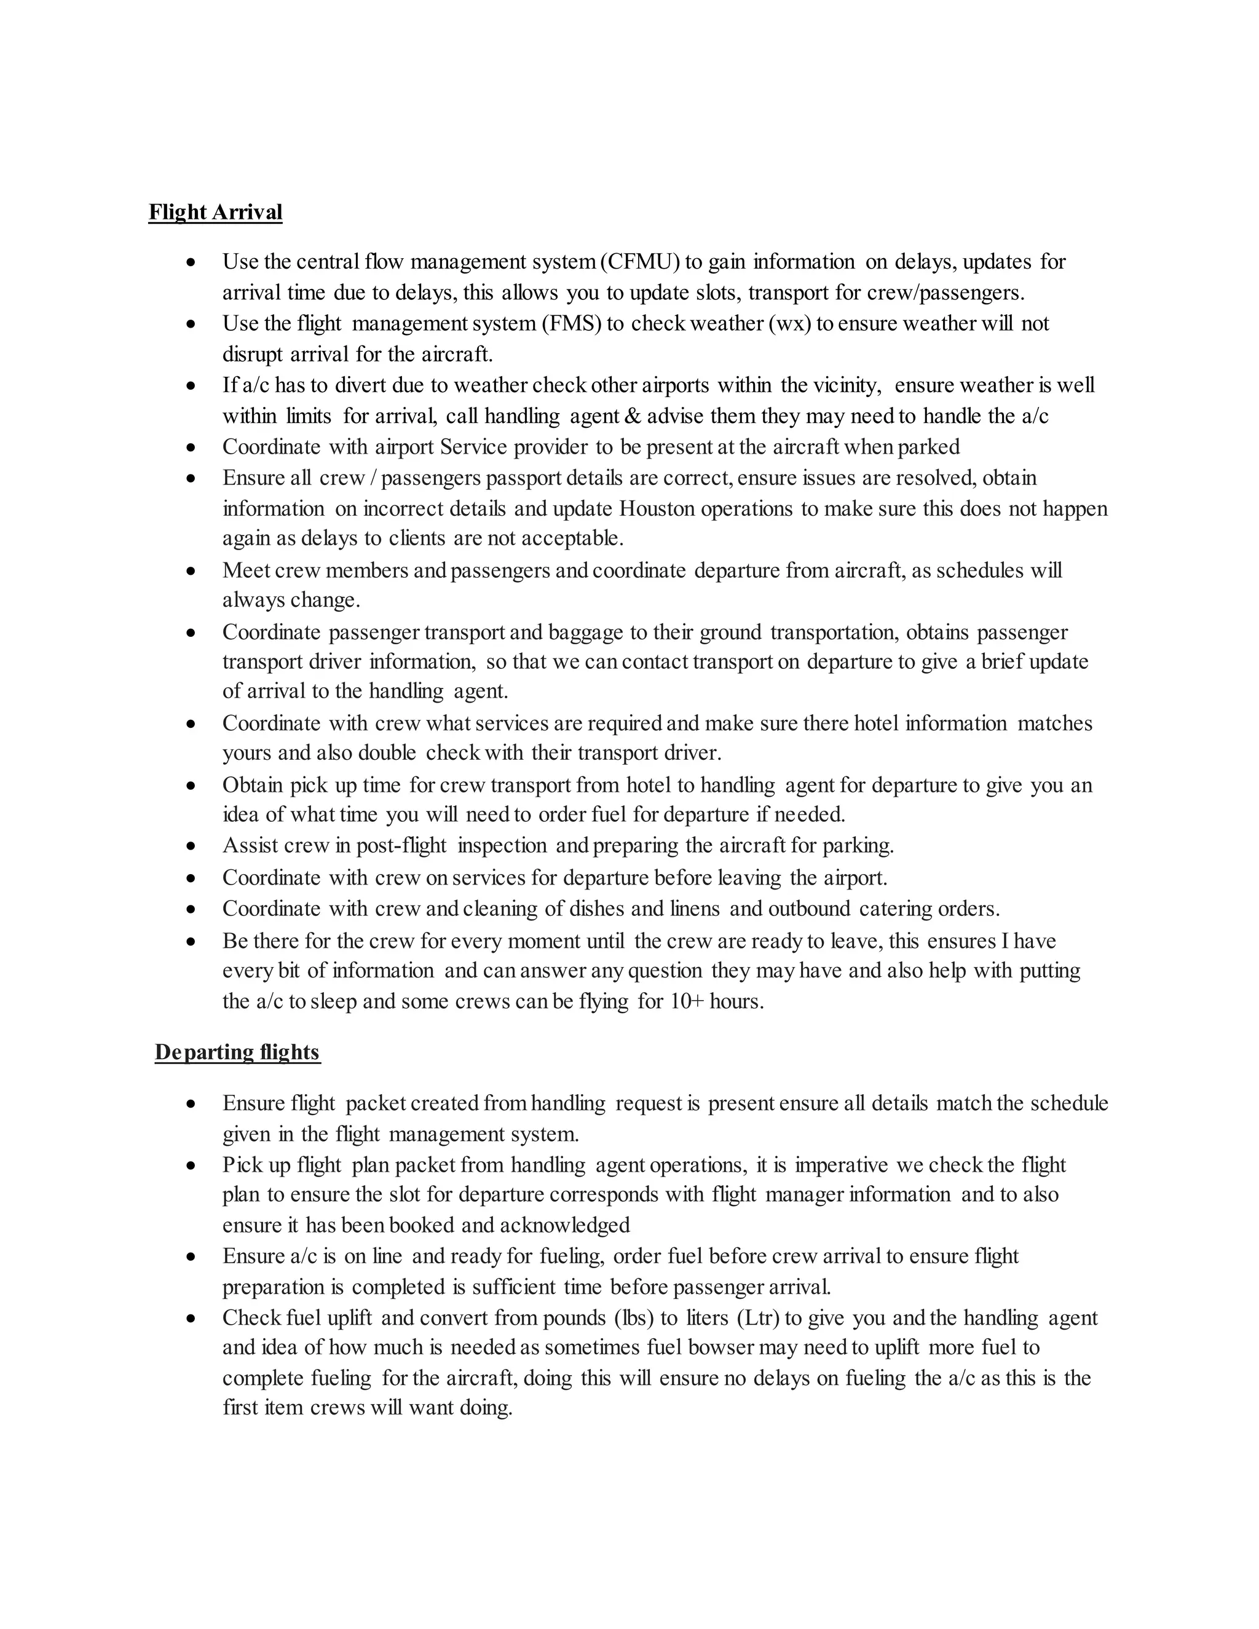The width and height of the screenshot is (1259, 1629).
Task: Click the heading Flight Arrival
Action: pyautogui.click(x=216, y=213)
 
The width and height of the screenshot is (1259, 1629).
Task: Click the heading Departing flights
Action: pyautogui.click(x=237, y=1052)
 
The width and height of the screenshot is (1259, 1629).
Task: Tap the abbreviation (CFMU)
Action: pyautogui.click(x=639, y=262)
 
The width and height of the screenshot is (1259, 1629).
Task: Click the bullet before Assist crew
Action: pyautogui.click(x=192, y=846)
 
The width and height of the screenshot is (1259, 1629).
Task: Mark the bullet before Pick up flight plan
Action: pyautogui.click(x=192, y=1166)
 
